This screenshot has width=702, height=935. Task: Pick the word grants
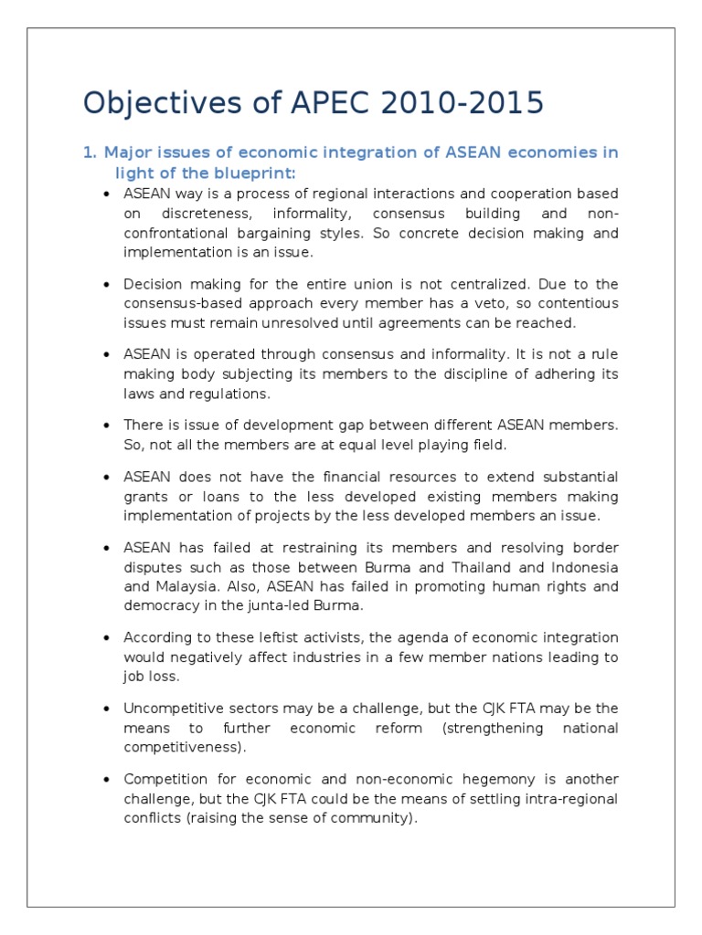[x=145, y=497]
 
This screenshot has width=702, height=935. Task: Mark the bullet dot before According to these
[x=107, y=638]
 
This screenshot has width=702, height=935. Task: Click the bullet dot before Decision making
[x=107, y=284]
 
